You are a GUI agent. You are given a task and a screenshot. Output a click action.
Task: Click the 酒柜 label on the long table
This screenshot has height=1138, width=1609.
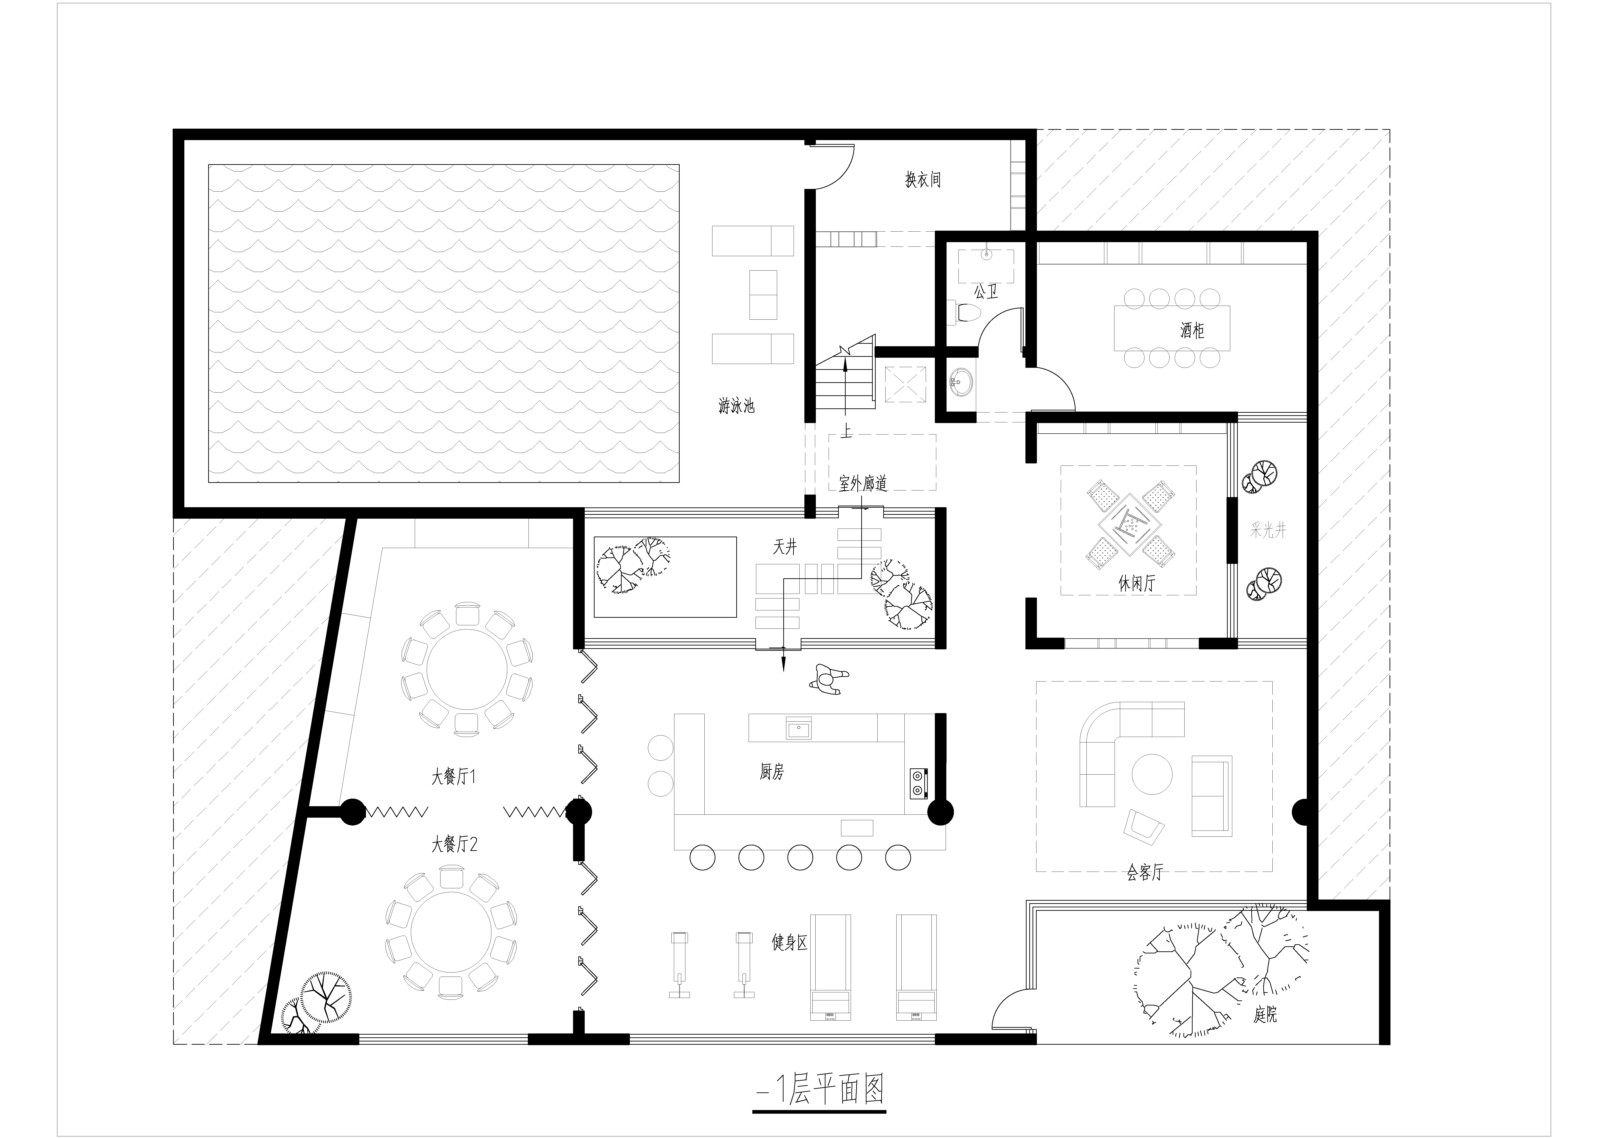point(1192,330)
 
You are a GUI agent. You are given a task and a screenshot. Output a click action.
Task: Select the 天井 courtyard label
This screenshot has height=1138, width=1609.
point(785,547)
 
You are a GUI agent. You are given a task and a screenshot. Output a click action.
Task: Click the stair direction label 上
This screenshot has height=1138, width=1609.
point(847,432)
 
